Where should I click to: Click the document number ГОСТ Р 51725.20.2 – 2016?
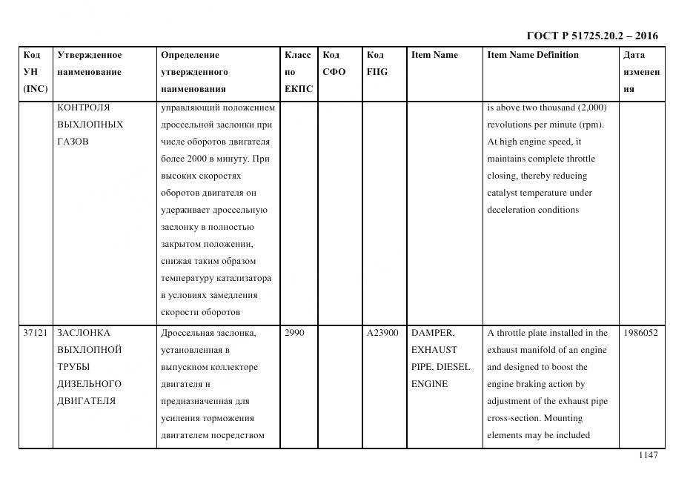tap(592, 36)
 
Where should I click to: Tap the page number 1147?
tap(648, 455)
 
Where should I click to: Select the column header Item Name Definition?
tap(533, 55)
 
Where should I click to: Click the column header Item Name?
tap(434, 55)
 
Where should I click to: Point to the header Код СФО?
tap(334, 64)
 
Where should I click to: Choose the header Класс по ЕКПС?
tap(298, 72)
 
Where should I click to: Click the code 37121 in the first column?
tap(36, 333)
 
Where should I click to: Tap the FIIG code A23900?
tap(382, 333)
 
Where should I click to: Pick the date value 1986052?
tap(640, 333)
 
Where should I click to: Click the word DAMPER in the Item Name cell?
tap(432, 333)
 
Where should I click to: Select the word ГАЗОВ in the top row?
tap(73, 142)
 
